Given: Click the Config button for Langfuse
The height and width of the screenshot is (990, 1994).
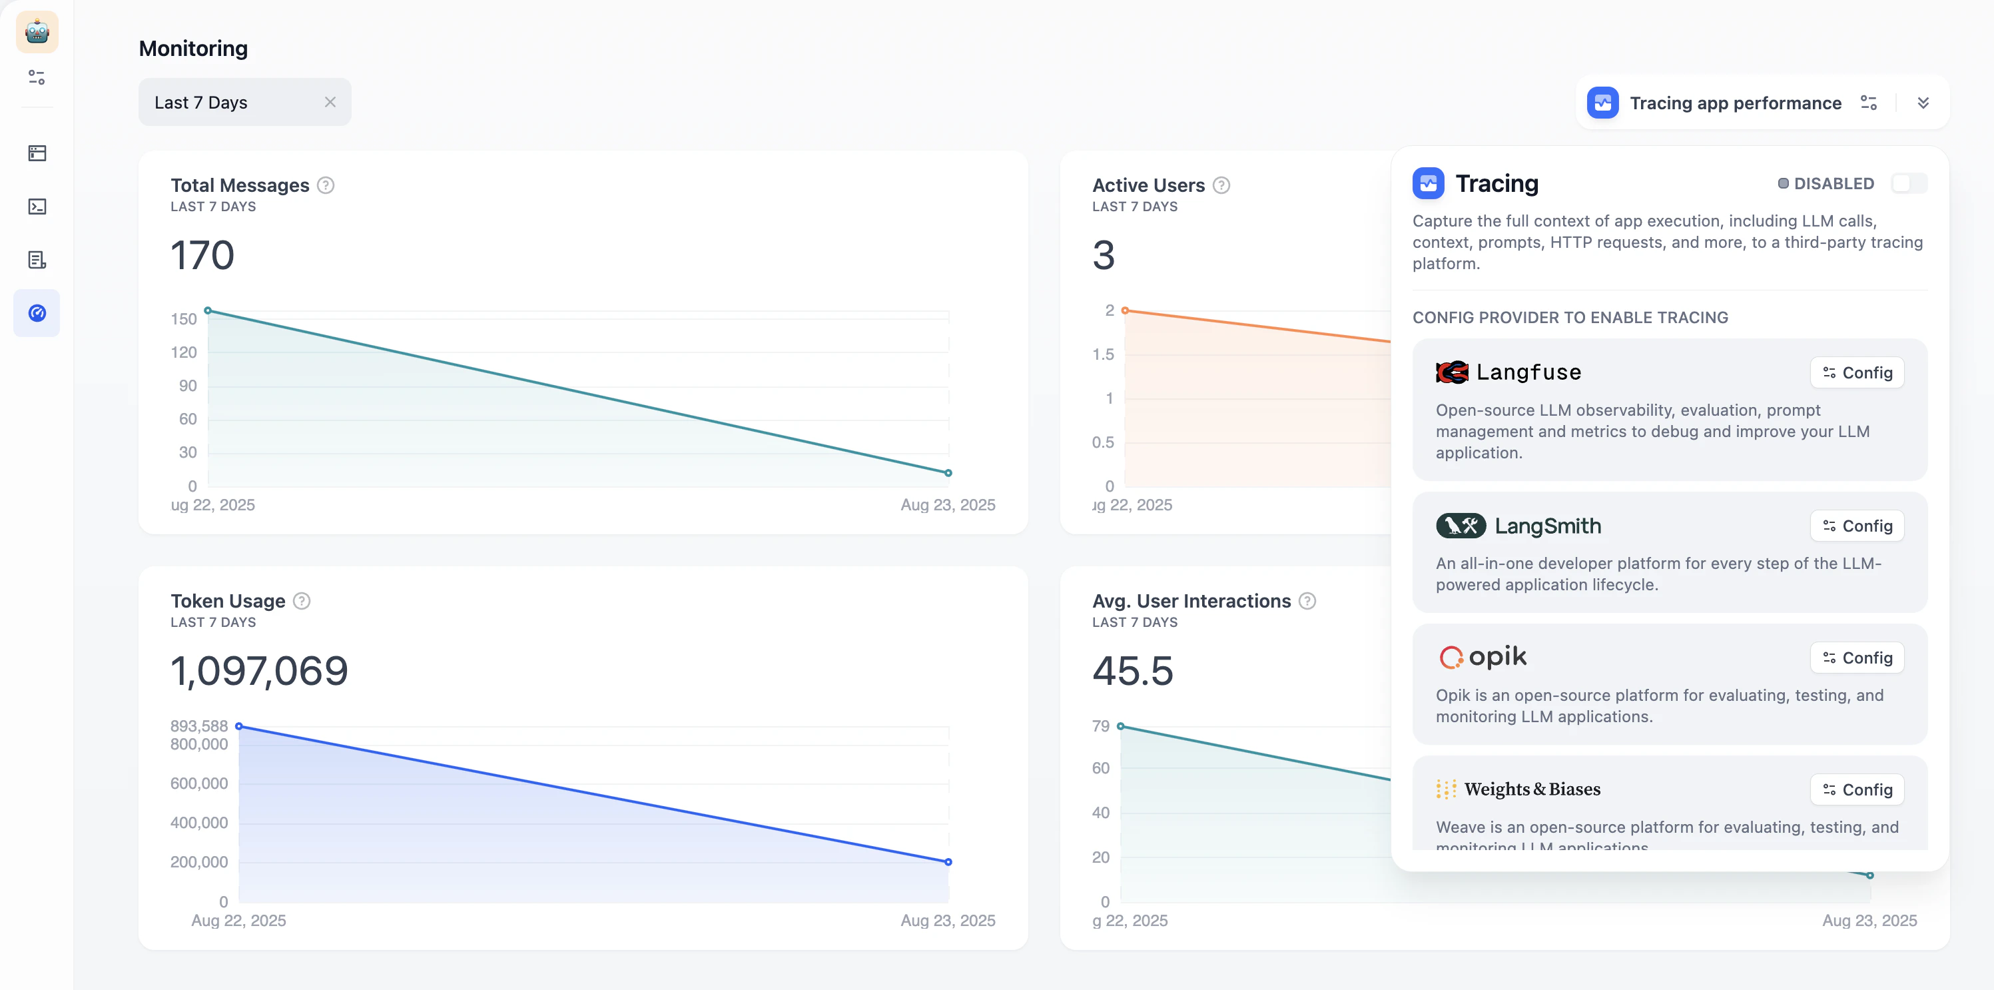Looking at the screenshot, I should pos(1857,372).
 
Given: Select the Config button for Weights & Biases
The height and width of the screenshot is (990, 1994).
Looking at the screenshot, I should pos(1857,789).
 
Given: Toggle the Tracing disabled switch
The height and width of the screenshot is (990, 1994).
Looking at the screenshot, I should pos(1908,183).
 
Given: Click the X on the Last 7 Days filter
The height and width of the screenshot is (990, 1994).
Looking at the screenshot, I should pos(330,102).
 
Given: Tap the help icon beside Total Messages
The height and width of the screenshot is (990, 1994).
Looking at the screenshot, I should pos(326,185).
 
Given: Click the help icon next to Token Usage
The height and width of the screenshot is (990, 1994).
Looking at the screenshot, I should pos(302,601).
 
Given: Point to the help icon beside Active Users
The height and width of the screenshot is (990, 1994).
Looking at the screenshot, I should pos(1221,185).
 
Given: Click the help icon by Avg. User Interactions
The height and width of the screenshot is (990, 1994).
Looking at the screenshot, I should pos(1307,601).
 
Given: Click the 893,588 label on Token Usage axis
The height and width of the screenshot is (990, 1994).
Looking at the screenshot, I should pos(199,726).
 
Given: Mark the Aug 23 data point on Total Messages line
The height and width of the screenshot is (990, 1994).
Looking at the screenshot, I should pos(948,473).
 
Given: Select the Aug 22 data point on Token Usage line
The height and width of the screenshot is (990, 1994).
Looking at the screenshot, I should pos(239,726).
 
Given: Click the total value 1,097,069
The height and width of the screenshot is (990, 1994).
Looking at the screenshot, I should pos(259,670).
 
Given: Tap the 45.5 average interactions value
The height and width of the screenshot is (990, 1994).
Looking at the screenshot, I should pos(1132,670).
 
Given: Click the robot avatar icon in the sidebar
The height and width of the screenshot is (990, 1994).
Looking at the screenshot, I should pos(37,32).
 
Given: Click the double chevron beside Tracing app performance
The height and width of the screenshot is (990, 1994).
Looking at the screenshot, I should pos(1923,103).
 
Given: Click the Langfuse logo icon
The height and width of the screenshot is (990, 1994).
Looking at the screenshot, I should pos(1451,372).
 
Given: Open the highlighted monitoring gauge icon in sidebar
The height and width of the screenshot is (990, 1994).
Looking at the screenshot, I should pos(37,312).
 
